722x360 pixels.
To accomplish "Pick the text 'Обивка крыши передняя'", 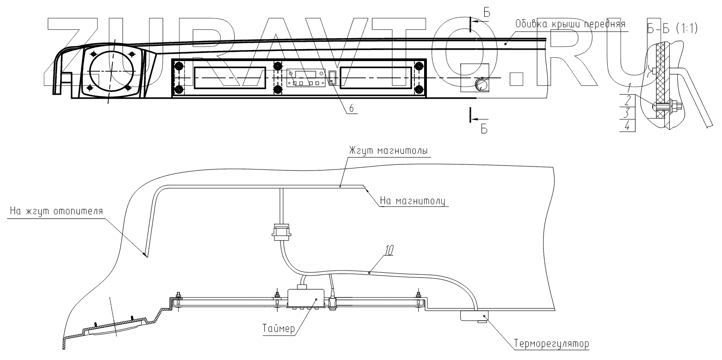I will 570,23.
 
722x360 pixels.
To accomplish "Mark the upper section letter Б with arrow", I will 487,13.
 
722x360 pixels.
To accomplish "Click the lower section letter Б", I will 483,129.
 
